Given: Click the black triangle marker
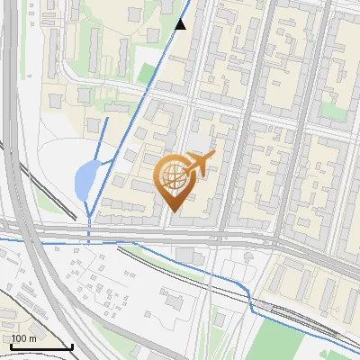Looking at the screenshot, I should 181,24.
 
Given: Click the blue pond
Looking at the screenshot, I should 84,180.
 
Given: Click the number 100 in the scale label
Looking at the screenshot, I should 21,338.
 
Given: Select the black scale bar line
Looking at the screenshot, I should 40,347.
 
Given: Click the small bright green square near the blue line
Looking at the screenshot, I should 146,74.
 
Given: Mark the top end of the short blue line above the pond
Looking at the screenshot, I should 106,117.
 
